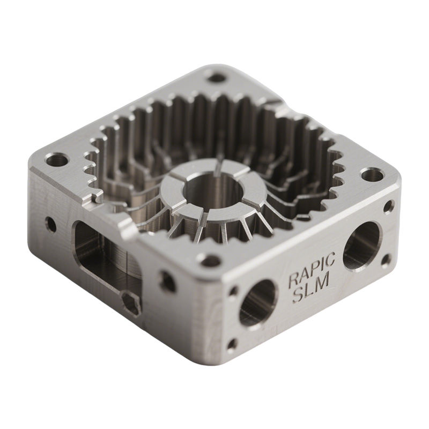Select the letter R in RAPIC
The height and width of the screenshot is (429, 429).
tap(294, 280)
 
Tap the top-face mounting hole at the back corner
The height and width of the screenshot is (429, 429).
tap(216, 78)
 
